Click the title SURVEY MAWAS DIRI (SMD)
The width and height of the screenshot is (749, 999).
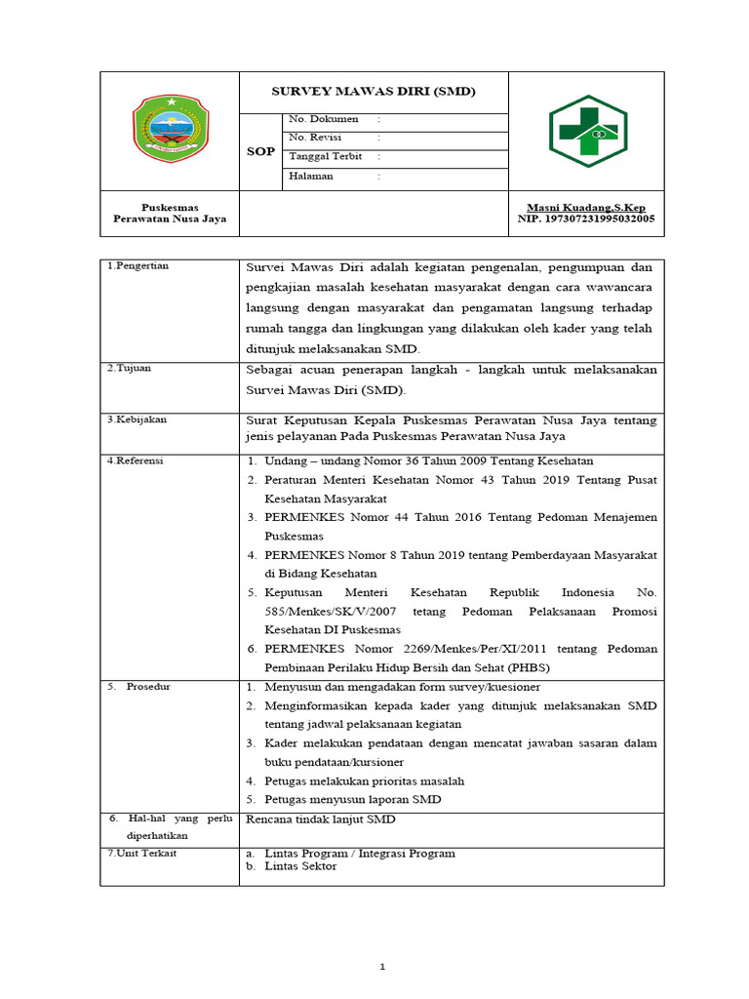click(373, 92)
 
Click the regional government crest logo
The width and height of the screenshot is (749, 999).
click(170, 130)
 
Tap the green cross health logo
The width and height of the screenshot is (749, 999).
click(586, 131)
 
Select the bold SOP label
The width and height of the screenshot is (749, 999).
click(260, 151)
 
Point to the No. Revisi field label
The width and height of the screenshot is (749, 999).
click(313, 138)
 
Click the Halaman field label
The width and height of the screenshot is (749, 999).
click(311, 176)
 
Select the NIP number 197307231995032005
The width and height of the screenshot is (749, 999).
click(585, 219)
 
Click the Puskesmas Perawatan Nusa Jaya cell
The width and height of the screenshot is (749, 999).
click(170, 213)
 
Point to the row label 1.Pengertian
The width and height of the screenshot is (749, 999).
click(138, 265)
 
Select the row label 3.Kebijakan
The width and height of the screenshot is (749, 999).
click(137, 419)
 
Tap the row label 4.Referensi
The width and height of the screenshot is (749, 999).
click(137, 460)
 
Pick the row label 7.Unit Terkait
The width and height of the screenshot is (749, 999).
click(141, 853)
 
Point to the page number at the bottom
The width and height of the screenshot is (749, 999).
click(383, 966)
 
